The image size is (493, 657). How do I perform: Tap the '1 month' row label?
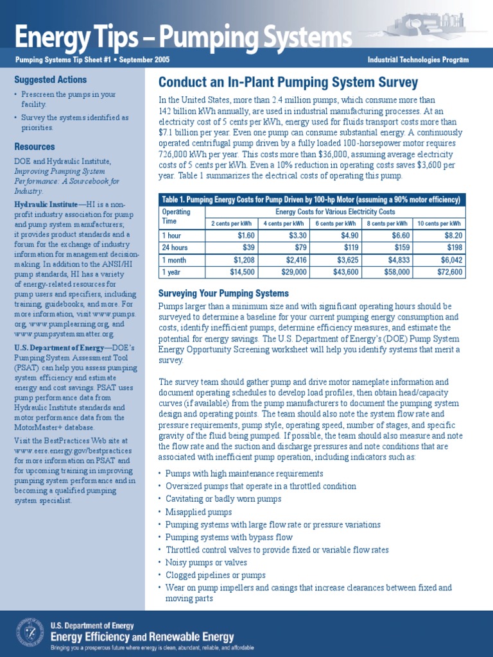[x=175, y=260]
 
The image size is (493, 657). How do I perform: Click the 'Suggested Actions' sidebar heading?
[x=50, y=80]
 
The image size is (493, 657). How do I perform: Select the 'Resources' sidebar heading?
[x=34, y=146]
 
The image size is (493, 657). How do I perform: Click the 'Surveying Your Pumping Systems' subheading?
[x=223, y=293]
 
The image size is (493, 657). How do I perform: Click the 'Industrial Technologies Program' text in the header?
[x=418, y=60]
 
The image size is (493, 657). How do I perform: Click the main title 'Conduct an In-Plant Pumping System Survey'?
[x=288, y=83]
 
